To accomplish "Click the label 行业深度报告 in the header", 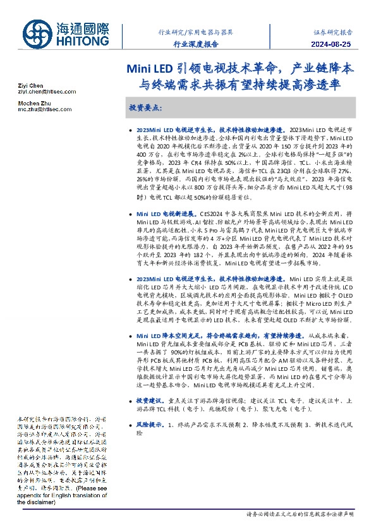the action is click(195, 44).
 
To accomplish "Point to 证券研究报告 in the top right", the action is click(332, 31).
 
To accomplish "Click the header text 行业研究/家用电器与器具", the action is click(195, 31).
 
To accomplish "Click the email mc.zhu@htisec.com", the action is click(44, 109).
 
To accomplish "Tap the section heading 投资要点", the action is click(145, 108).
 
